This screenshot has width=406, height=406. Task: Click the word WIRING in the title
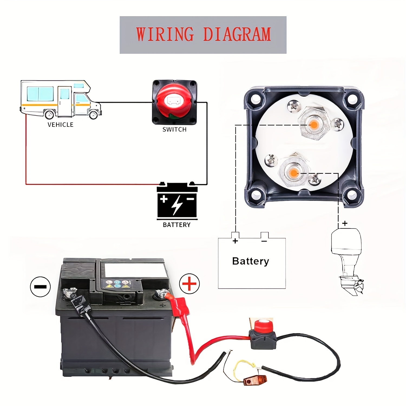(165, 34)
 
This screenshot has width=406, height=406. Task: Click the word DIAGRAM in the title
(237, 34)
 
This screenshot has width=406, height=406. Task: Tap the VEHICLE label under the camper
(60, 125)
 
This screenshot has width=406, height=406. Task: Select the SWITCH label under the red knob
(175, 130)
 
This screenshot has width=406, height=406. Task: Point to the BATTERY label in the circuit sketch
(177, 225)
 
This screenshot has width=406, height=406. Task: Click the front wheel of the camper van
(93, 114)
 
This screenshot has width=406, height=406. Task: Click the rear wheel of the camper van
(49, 114)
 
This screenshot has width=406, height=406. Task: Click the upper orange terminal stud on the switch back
(314, 125)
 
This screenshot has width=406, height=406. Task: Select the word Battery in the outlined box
(251, 261)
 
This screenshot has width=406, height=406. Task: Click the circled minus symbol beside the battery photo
(40, 287)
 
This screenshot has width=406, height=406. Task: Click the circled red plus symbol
(189, 284)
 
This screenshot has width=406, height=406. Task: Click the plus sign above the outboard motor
(345, 224)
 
